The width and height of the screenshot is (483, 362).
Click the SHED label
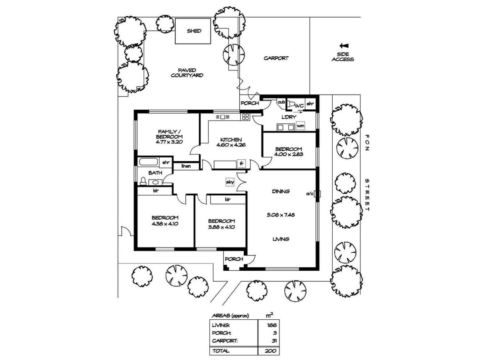(194, 31)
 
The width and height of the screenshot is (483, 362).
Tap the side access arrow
(344, 46)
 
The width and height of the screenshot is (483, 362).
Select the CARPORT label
(276, 58)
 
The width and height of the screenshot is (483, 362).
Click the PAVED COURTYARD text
(187, 73)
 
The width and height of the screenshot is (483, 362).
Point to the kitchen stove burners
(245, 117)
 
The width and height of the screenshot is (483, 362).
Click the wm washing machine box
(300, 125)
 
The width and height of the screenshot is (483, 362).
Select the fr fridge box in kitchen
(241, 164)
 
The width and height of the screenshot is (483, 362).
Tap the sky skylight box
(230, 182)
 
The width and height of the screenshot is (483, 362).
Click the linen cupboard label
(186, 166)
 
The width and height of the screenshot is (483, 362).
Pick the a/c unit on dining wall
(317, 194)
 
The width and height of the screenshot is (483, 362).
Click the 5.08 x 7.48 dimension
(281, 215)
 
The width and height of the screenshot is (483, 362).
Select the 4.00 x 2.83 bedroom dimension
(288, 154)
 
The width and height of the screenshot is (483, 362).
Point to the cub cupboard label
(281, 102)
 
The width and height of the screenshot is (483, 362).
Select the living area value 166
(272, 325)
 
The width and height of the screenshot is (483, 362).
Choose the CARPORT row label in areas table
(225, 341)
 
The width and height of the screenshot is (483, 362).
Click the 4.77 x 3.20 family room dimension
(169, 142)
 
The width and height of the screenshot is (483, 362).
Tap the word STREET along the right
(367, 195)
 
